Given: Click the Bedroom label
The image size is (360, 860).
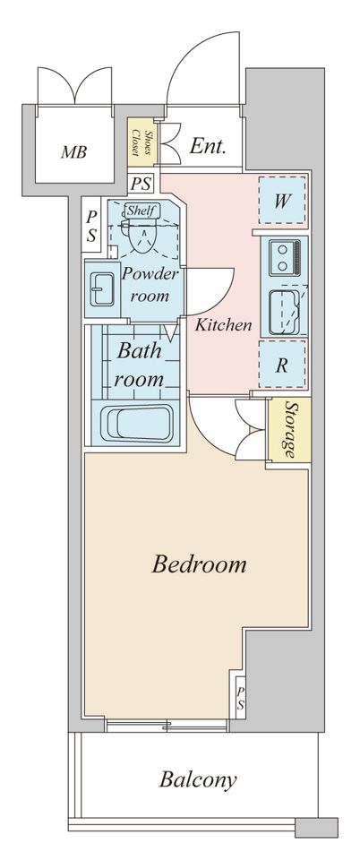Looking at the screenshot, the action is coord(199,563).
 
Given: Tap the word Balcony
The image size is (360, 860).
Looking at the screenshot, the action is coord(198,779).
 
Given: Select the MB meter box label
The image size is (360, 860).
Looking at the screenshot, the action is coord(73,152).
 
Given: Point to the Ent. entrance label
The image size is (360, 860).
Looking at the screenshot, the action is coord(208,146).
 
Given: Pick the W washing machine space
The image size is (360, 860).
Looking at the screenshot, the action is coord(282,200).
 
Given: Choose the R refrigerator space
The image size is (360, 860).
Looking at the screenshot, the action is coord(282,365).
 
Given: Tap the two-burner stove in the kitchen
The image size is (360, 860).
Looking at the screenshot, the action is coord(285,257).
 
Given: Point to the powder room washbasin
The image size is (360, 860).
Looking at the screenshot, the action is coord(102,289).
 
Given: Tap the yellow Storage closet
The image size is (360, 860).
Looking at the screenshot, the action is coord(288,431).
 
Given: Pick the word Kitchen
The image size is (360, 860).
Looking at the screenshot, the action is coord(224,325).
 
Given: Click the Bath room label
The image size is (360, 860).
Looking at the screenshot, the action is coord(139,365).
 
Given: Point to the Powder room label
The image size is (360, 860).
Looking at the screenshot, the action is coord(150,285).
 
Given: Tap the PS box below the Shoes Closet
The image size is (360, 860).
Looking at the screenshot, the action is coord(141,184).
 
